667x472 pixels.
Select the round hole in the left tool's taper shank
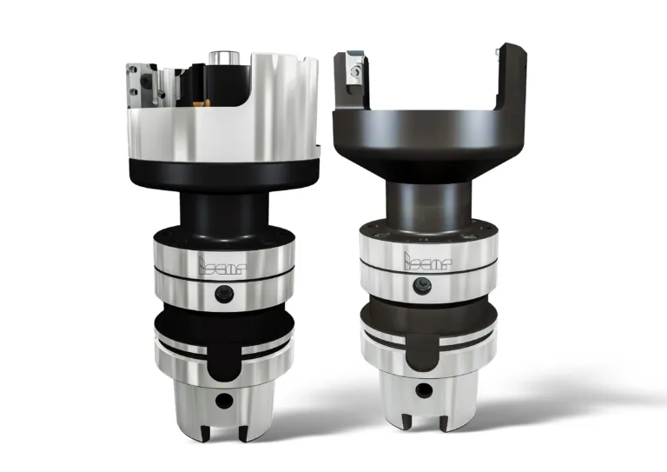coord(223,402)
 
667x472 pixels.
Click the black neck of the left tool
coord(222,209)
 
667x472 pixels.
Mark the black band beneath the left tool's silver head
coord(222,173)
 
